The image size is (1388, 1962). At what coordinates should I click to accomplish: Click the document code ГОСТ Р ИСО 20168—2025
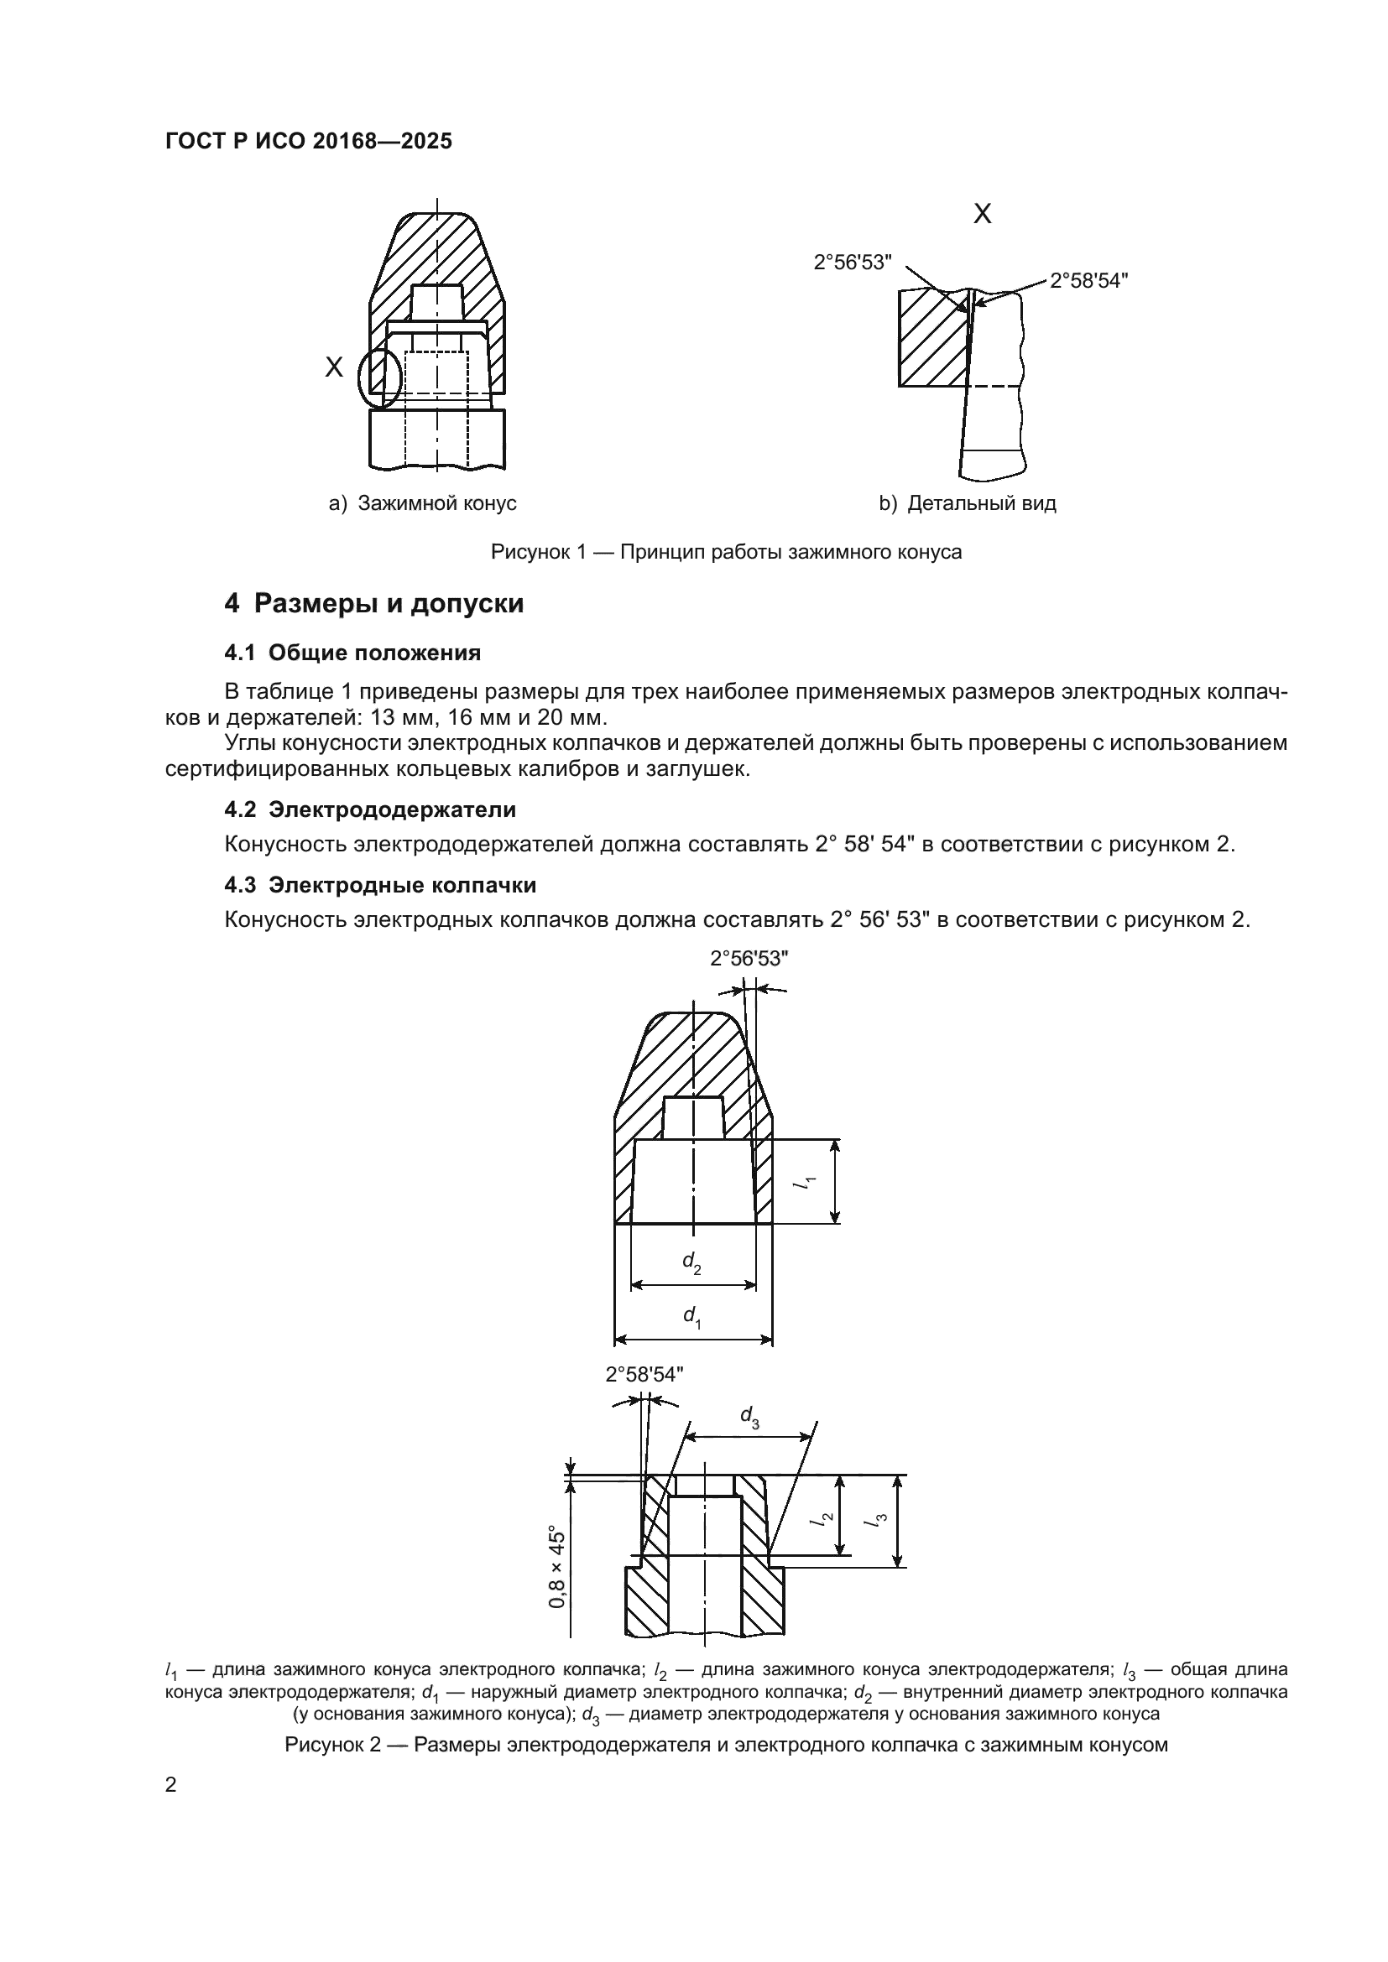(x=309, y=141)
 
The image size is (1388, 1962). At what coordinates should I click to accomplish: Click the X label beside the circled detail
(x=334, y=367)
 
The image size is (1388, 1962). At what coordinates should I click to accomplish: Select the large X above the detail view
(x=983, y=214)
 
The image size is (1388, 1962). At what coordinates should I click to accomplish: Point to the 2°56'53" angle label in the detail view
(x=852, y=263)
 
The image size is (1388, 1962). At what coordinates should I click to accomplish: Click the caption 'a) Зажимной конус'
(x=423, y=503)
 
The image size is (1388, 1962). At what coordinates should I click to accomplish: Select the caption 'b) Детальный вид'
(x=968, y=503)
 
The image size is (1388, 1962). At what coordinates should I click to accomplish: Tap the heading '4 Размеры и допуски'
(x=373, y=603)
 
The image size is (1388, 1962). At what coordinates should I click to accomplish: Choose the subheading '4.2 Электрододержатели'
(x=370, y=809)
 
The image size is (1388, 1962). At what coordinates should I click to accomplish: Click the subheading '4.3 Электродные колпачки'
(x=380, y=884)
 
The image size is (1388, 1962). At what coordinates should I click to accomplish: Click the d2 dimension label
(x=691, y=1262)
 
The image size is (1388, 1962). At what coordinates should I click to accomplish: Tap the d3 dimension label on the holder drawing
(x=749, y=1416)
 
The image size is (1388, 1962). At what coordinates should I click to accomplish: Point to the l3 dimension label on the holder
(x=879, y=1519)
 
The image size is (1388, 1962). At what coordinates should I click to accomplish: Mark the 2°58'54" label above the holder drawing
(x=644, y=1374)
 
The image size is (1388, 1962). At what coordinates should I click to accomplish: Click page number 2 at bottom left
(x=171, y=1784)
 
